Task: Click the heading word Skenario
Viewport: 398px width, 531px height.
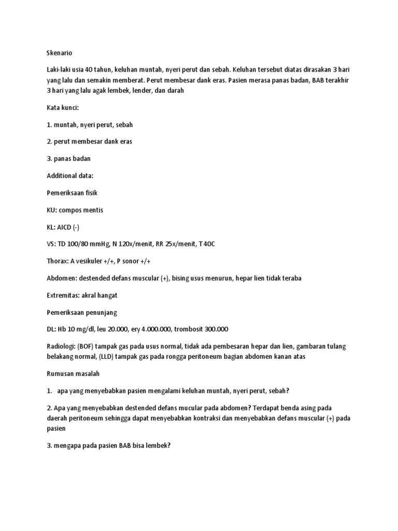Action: tap(54, 52)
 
